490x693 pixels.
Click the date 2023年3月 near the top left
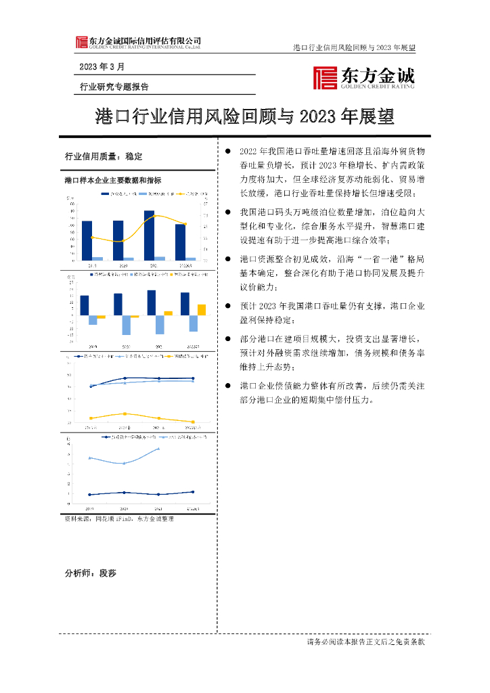(x=102, y=67)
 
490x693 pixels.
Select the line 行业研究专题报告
(x=114, y=87)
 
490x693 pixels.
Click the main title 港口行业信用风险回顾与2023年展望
(x=245, y=117)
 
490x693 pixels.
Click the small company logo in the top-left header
(x=81, y=42)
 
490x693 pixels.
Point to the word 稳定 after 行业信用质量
(x=134, y=156)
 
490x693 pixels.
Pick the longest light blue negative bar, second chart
(x=126, y=325)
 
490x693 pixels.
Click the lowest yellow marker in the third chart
(x=193, y=422)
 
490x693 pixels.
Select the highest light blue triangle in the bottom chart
(x=159, y=448)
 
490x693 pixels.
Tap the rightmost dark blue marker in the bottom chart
(x=193, y=492)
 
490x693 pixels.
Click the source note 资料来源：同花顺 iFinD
(x=119, y=518)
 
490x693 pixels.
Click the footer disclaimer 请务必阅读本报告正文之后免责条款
(x=365, y=642)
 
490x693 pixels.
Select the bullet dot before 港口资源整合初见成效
(x=228, y=259)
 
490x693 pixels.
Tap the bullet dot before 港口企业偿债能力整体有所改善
(x=228, y=385)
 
